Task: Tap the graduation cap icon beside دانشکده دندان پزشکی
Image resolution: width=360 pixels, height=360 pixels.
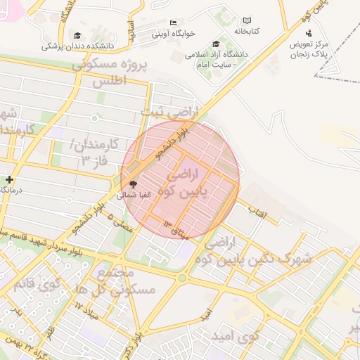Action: click(x=77, y=36)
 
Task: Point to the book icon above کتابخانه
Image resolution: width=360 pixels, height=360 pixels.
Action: click(x=246, y=21)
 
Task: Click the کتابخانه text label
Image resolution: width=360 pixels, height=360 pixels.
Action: click(x=246, y=32)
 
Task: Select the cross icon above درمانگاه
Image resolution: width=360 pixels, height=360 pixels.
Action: click(x=8, y=180)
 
